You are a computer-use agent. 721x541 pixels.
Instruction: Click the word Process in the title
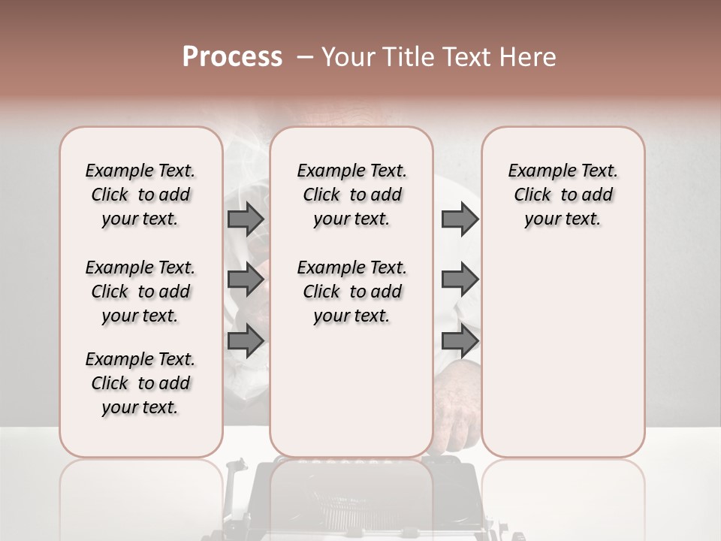click(232, 57)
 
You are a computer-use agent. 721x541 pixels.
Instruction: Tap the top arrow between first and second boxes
click(246, 219)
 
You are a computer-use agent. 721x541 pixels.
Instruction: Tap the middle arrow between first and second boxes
click(246, 280)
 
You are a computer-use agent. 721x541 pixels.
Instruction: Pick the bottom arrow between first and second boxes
click(246, 340)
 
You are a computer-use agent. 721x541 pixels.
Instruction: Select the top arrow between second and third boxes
click(460, 219)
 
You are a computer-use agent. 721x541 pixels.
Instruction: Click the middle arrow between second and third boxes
click(460, 280)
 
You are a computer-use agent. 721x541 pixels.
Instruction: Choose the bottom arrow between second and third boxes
click(460, 340)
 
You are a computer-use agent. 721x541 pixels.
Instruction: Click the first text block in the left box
click(140, 195)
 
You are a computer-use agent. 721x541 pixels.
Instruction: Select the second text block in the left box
click(140, 292)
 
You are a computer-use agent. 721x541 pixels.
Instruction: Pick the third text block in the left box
click(140, 383)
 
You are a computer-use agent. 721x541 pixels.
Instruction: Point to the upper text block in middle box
click(351, 195)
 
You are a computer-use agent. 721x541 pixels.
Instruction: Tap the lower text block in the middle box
click(351, 292)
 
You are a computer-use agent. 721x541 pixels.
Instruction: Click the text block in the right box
click(563, 195)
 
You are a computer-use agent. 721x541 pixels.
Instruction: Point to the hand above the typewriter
click(454, 406)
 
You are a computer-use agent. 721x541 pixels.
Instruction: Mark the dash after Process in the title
click(303, 57)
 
